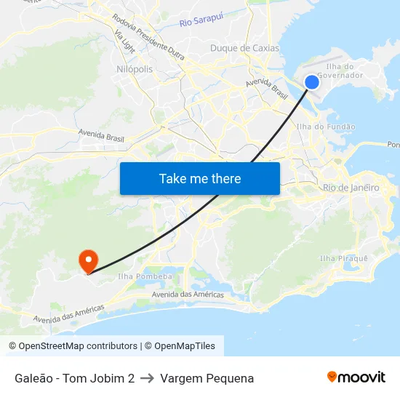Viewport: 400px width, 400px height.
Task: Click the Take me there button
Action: pos(200,179)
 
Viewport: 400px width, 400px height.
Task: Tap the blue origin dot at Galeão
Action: pos(311,82)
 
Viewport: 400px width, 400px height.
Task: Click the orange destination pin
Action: pos(88,260)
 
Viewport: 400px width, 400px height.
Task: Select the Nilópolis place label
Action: pos(135,69)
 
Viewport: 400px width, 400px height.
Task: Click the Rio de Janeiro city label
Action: pos(351,188)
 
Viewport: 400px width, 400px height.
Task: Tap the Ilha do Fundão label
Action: pos(327,127)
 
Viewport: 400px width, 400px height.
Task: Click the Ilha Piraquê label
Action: pos(344,258)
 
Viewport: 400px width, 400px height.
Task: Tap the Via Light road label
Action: pos(124,36)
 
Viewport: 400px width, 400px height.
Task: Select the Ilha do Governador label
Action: pos(340,71)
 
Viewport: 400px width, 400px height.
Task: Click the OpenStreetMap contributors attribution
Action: pos(73,346)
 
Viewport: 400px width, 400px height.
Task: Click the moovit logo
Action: pos(356,377)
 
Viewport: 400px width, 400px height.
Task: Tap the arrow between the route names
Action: pos(147,378)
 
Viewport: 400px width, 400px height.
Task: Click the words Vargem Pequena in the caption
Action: pos(207,378)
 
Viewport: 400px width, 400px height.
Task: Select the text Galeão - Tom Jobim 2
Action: pos(74,378)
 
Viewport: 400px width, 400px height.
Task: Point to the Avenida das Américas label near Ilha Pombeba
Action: pos(188,295)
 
